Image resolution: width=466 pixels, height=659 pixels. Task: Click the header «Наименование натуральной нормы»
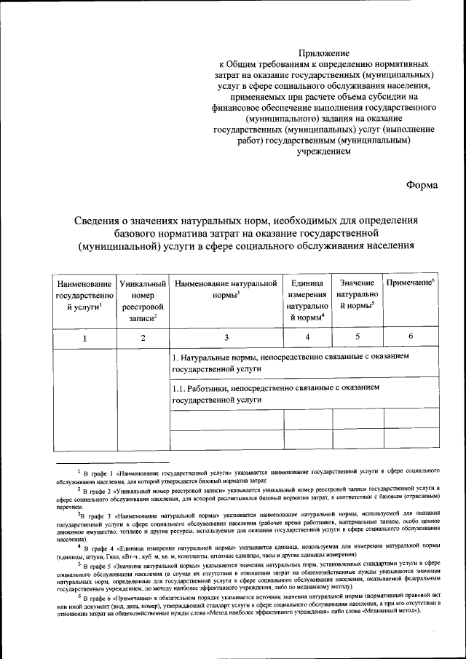(x=226, y=288)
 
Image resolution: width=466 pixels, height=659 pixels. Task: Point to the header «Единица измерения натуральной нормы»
(x=307, y=300)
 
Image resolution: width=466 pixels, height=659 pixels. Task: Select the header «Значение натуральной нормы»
(x=357, y=294)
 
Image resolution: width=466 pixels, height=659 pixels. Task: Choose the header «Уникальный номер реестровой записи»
(x=143, y=300)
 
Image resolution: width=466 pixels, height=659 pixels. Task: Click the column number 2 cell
(x=143, y=337)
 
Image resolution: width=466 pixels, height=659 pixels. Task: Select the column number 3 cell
(x=226, y=337)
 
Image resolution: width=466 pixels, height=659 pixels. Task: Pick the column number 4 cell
(x=307, y=337)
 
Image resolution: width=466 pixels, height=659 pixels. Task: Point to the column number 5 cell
(x=357, y=337)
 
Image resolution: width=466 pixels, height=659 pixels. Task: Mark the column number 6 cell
(x=411, y=337)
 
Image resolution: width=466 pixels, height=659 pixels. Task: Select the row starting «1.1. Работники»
(x=277, y=394)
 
